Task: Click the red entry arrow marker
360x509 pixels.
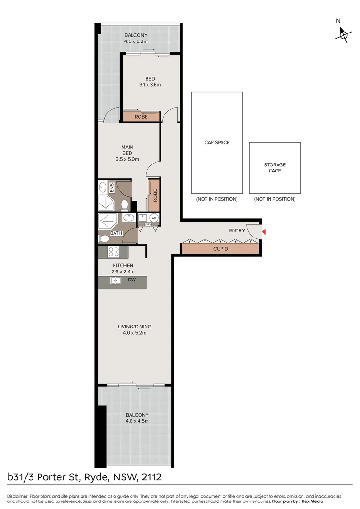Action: pyautogui.click(x=264, y=232)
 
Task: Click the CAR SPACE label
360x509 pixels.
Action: pyautogui.click(x=217, y=142)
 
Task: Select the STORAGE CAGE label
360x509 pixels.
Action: pyautogui.click(x=275, y=167)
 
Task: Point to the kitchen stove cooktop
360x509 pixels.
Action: pyautogui.click(x=114, y=252)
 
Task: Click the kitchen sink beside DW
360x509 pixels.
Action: pyautogui.click(x=115, y=280)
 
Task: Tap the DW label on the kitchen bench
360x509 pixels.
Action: pyautogui.click(x=131, y=280)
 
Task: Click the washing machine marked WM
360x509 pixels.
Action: pyautogui.click(x=154, y=218)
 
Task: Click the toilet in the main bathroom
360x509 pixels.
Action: pyautogui.click(x=105, y=238)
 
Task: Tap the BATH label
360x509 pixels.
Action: pyautogui.click(x=116, y=233)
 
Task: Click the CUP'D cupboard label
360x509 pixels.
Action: pyautogui.click(x=221, y=249)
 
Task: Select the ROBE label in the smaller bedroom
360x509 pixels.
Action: pyautogui.click(x=141, y=117)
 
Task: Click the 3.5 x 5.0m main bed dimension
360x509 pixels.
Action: pyautogui.click(x=127, y=159)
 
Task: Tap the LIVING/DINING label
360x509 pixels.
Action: pyautogui.click(x=134, y=327)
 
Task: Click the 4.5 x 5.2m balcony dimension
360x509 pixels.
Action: pyautogui.click(x=136, y=41)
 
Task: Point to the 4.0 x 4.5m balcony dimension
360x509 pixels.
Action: pyautogui.click(x=137, y=421)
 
